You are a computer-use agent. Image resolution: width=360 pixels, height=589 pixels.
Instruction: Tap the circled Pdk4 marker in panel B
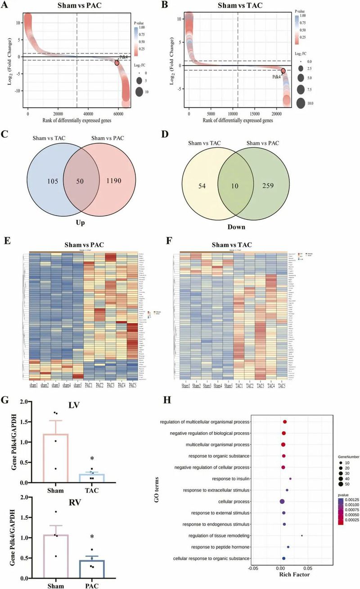(x=283, y=71)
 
